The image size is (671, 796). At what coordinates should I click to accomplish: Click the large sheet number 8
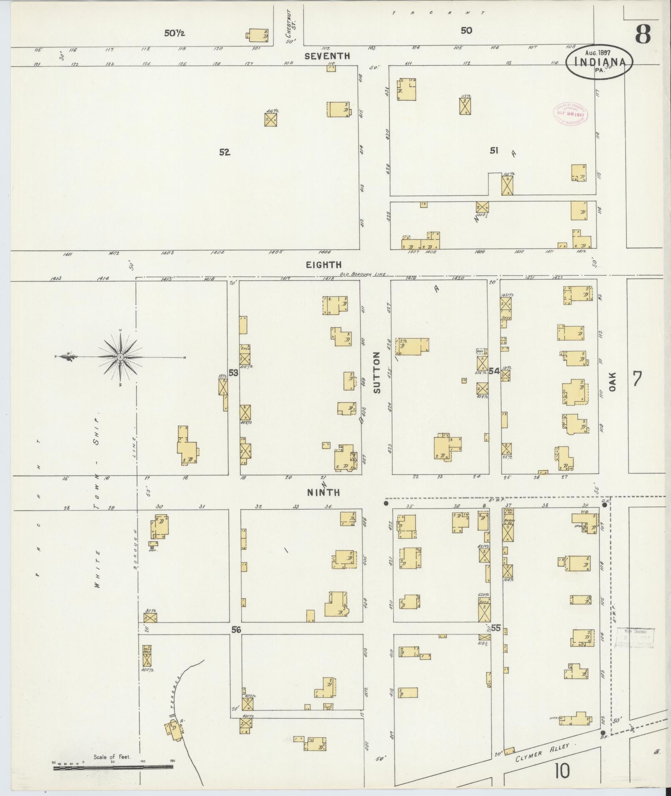click(x=642, y=34)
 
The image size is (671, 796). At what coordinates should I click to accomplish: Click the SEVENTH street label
click(x=327, y=56)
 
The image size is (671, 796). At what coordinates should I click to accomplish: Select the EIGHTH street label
click(x=324, y=265)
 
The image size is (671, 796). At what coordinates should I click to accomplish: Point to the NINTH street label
click(x=323, y=493)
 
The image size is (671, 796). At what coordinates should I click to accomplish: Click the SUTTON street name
click(x=377, y=372)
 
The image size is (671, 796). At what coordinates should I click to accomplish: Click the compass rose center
click(x=120, y=357)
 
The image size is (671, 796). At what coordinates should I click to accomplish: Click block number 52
click(x=225, y=152)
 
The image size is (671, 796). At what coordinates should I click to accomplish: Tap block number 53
click(x=233, y=373)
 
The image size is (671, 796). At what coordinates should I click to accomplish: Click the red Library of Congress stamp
click(x=569, y=113)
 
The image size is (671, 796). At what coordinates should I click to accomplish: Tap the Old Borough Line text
click(x=363, y=274)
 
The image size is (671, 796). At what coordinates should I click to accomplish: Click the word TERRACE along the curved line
click(x=176, y=692)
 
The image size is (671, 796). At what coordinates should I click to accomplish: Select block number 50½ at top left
click(x=174, y=33)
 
